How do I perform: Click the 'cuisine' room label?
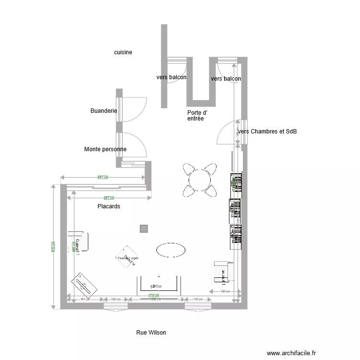123,52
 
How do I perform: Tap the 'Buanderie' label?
104,111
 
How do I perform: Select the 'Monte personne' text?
105,149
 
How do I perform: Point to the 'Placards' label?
108,206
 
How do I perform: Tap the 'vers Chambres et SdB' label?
268,132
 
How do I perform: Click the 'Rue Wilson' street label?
151,332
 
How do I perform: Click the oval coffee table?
170,250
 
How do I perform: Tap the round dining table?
200,180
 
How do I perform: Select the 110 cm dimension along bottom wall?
198,300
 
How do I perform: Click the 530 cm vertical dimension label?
53,246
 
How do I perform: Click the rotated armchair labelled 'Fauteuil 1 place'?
128,257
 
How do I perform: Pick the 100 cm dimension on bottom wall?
116,300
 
